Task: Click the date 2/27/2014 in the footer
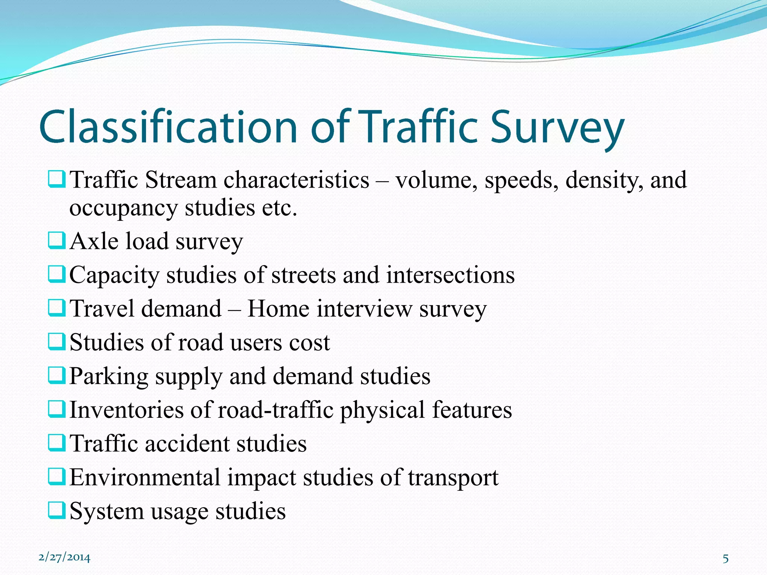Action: (64, 557)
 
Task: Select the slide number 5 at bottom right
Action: (725, 559)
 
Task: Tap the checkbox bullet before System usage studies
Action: (57, 511)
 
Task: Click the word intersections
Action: (451, 275)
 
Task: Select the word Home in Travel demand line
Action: (278, 309)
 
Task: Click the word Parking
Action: (109, 377)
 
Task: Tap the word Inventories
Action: (127, 410)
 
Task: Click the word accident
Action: (187, 444)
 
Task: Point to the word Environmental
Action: (145, 478)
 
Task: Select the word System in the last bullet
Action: (106, 511)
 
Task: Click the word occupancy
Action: (123, 208)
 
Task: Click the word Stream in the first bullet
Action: (181, 180)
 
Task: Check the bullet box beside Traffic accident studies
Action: (57, 443)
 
